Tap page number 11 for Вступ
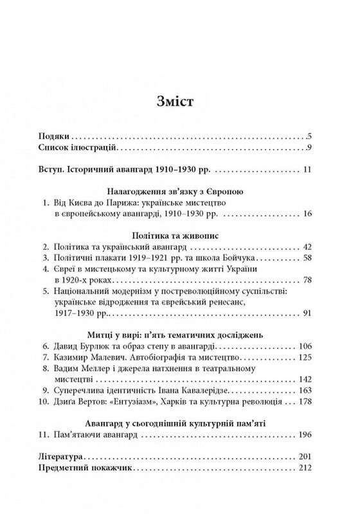coord(306,170)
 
